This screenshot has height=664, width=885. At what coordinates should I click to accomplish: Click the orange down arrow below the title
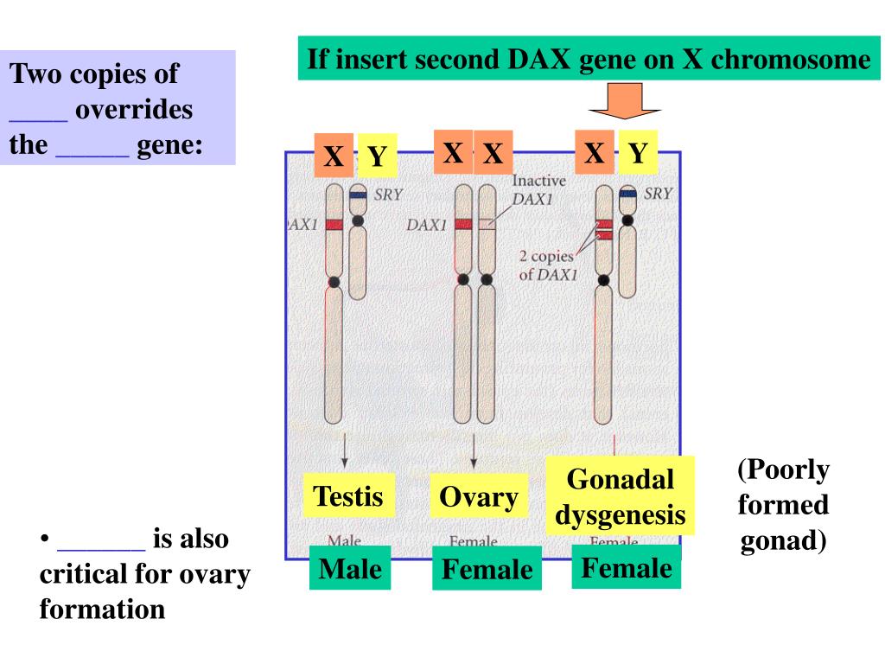point(625,100)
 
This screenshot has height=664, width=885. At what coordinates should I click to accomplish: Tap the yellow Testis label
point(347,496)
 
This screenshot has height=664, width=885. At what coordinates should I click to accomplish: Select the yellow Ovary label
point(478,497)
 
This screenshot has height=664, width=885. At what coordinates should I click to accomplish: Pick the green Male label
point(350,569)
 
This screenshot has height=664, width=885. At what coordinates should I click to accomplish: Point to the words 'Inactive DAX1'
point(539,189)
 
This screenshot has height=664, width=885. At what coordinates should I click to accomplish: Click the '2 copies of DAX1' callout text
point(546,265)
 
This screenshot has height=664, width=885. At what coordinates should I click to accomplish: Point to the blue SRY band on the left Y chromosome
point(358,196)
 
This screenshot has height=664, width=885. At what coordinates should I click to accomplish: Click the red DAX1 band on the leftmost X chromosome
point(334,225)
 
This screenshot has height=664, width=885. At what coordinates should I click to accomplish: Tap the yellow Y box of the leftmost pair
point(377,156)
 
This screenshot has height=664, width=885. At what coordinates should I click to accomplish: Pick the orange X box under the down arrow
point(594,152)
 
